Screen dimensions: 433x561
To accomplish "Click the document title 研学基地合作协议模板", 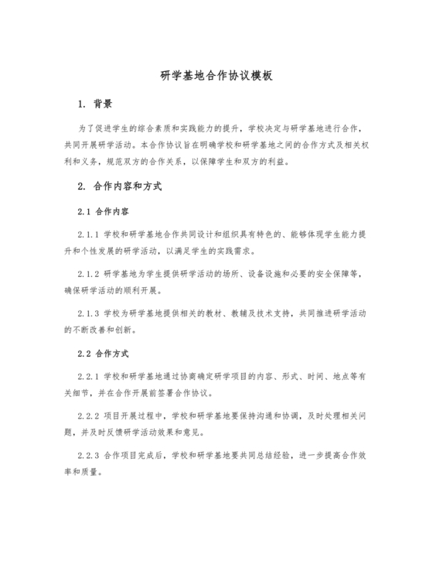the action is click(x=216, y=77).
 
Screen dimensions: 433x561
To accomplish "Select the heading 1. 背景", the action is click(x=96, y=103).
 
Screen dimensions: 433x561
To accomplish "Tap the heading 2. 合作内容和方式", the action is click(x=119, y=186).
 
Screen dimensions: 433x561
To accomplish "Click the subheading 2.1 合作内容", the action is click(x=104, y=211).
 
